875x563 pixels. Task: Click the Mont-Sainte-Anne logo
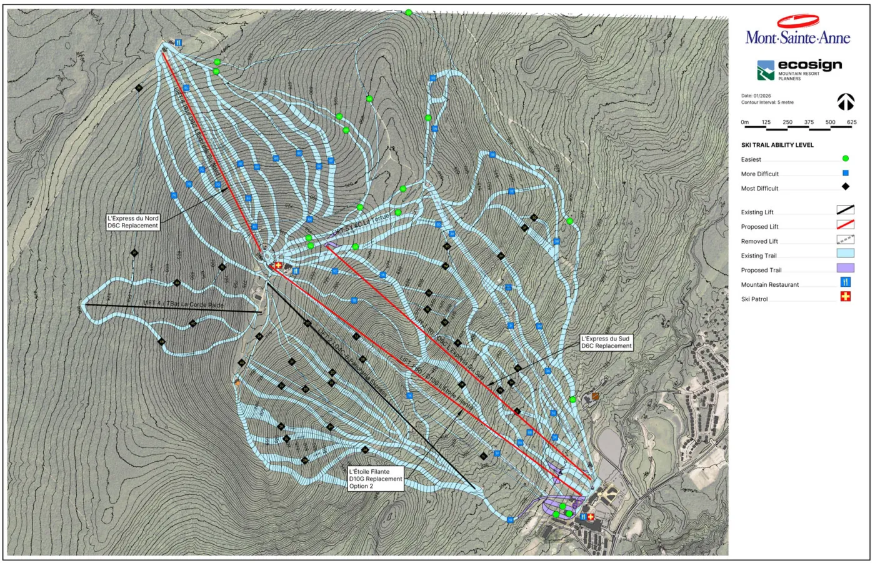[x=797, y=31]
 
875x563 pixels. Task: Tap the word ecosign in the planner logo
[x=809, y=65]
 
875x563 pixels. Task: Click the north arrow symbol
[x=846, y=101]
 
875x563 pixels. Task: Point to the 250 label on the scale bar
[x=787, y=122]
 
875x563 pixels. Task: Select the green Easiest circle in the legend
[x=846, y=159]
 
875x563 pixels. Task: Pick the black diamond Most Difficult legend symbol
[x=846, y=187]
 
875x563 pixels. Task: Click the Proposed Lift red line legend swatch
[x=845, y=225]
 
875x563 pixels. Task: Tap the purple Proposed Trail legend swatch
[x=845, y=268]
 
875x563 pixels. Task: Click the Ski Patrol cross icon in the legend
[x=846, y=297]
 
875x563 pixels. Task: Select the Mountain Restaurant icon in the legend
[x=846, y=282]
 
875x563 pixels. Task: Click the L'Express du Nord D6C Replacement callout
[x=133, y=222]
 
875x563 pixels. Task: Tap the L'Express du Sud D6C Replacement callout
[x=606, y=342]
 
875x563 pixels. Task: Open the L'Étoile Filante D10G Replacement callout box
[x=376, y=479]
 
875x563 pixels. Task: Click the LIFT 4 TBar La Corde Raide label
[x=183, y=304]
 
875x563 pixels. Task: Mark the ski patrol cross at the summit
[x=278, y=266]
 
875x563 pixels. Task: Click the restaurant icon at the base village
[x=582, y=517]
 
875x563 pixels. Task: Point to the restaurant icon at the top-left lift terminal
[x=179, y=42]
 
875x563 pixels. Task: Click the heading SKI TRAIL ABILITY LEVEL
[x=777, y=145]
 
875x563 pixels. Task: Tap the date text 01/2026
[x=756, y=96]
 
